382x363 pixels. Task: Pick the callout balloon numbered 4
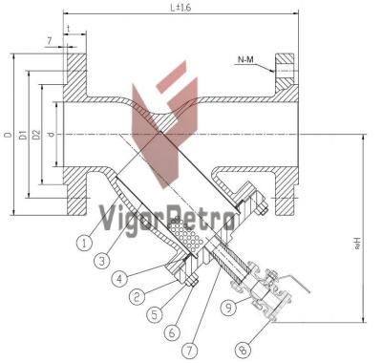tap(118, 280)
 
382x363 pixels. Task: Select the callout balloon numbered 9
tap(228, 308)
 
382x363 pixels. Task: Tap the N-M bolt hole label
tap(245, 59)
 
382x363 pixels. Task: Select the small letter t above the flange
tap(69, 30)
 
